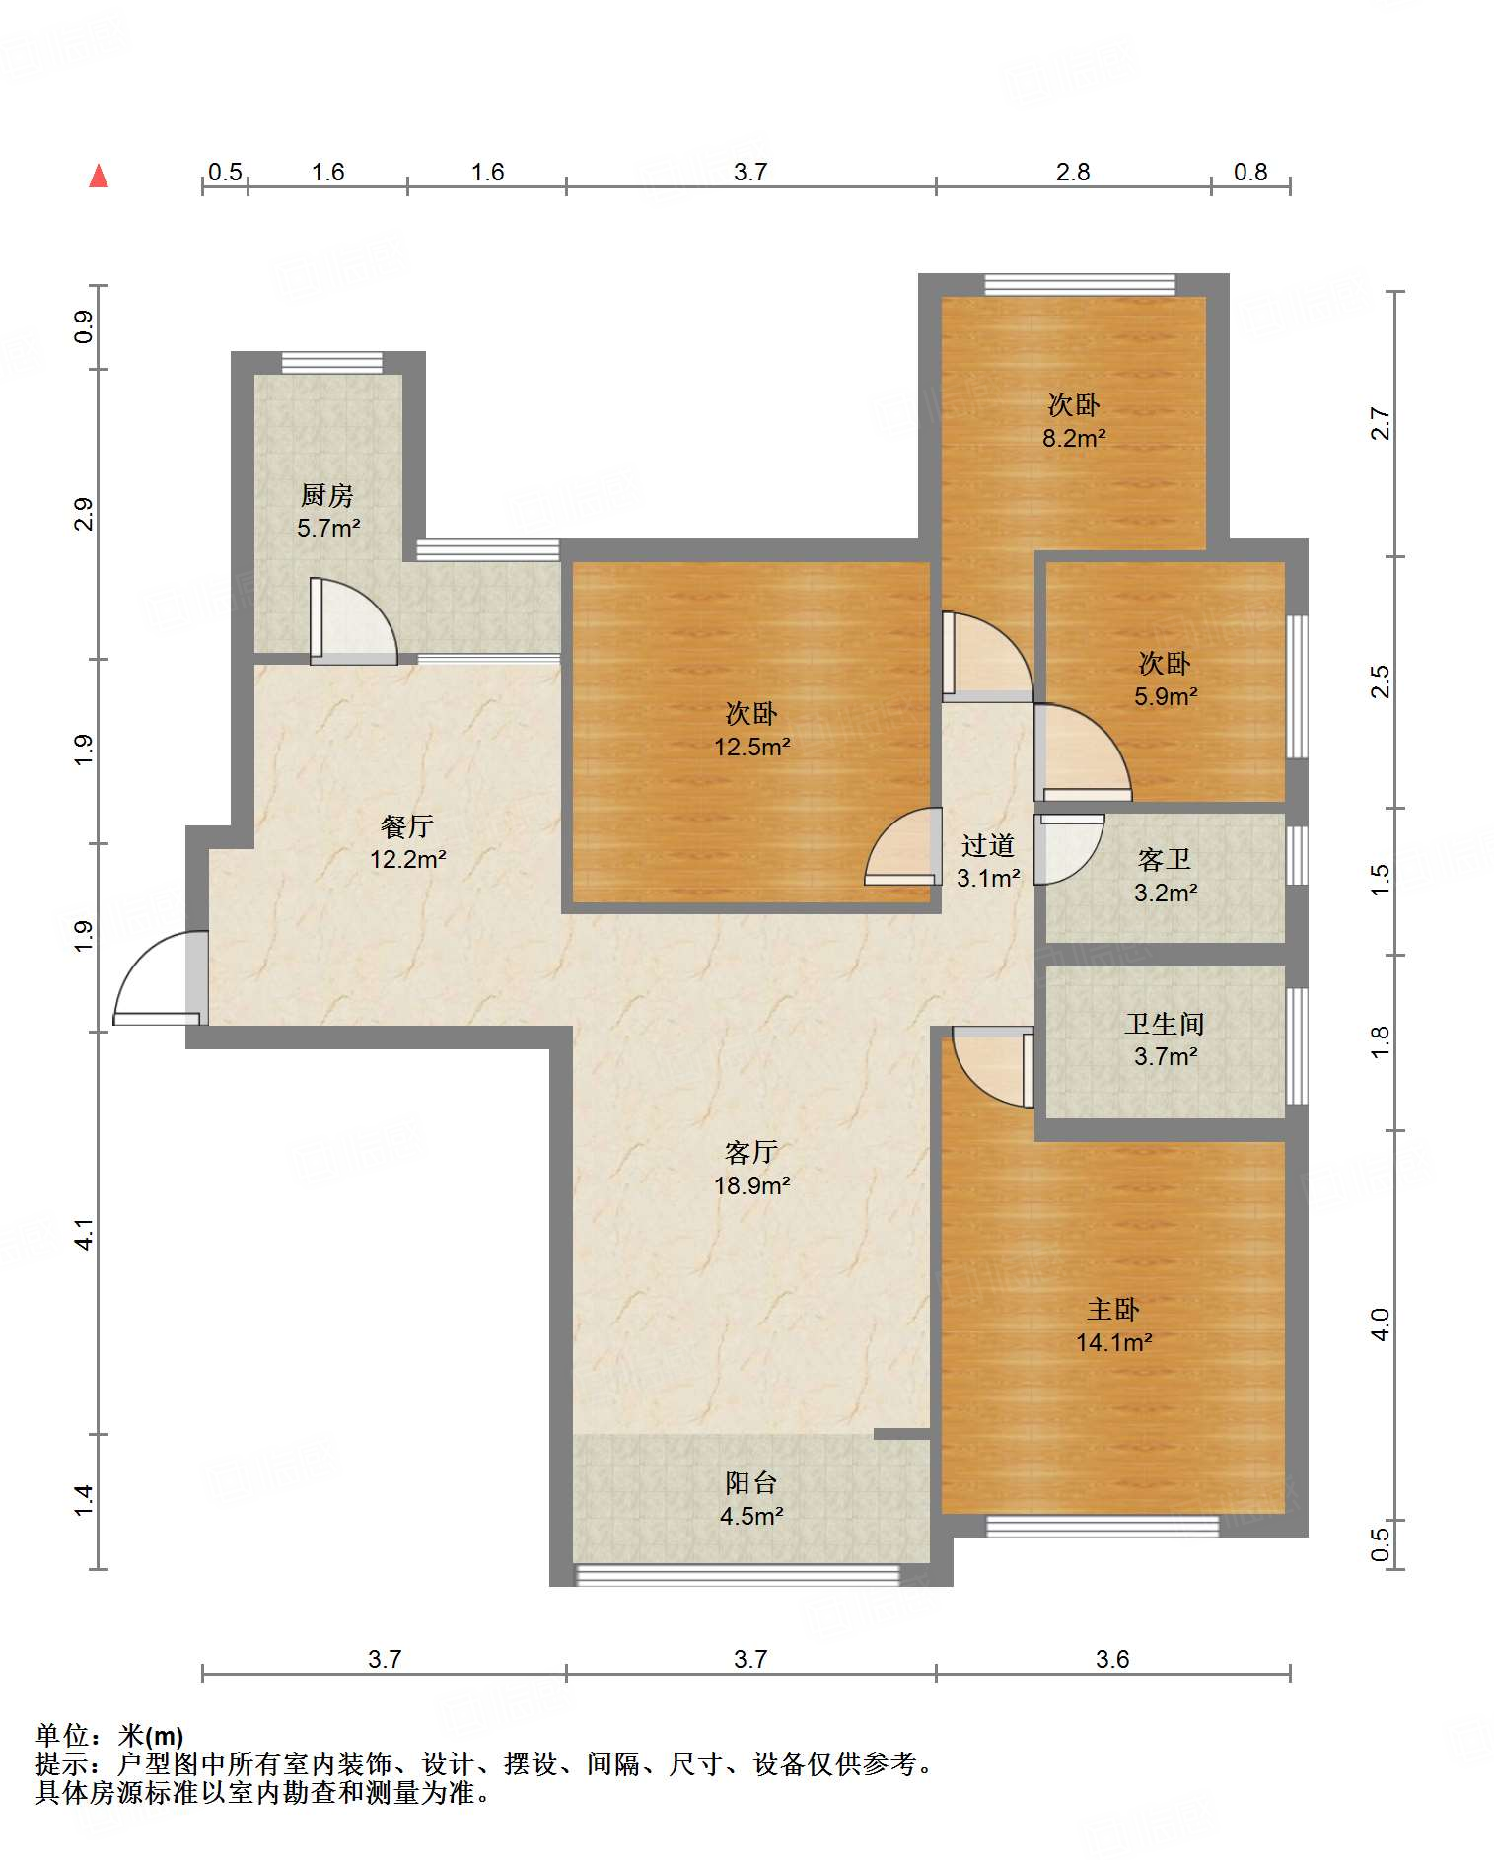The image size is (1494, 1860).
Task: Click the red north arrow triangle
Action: (99, 176)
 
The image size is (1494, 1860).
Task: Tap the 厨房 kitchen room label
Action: (327, 494)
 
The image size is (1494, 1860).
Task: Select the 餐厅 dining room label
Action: (407, 825)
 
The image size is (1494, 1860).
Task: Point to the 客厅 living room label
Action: (751, 1152)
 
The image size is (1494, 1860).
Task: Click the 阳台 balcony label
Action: (751, 1482)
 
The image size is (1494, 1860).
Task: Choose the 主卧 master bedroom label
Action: (1113, 1309)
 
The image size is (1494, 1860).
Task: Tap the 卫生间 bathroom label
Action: (1165, 1024)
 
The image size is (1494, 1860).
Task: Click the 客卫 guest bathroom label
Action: (1165, 860)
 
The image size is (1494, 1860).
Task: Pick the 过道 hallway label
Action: (988, 845)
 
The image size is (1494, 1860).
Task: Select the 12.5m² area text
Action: (752, 747)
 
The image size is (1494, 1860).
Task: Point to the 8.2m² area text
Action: (1074, 438)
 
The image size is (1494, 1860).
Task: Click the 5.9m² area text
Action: (1166, 696)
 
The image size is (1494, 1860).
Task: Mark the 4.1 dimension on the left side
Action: (85, 1234)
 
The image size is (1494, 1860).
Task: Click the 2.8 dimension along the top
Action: (1073, 172)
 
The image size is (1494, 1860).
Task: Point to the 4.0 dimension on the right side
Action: (1381, 1324)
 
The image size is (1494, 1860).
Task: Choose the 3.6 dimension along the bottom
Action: (1112, 1659)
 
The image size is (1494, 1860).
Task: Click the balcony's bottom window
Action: (738, 1575)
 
